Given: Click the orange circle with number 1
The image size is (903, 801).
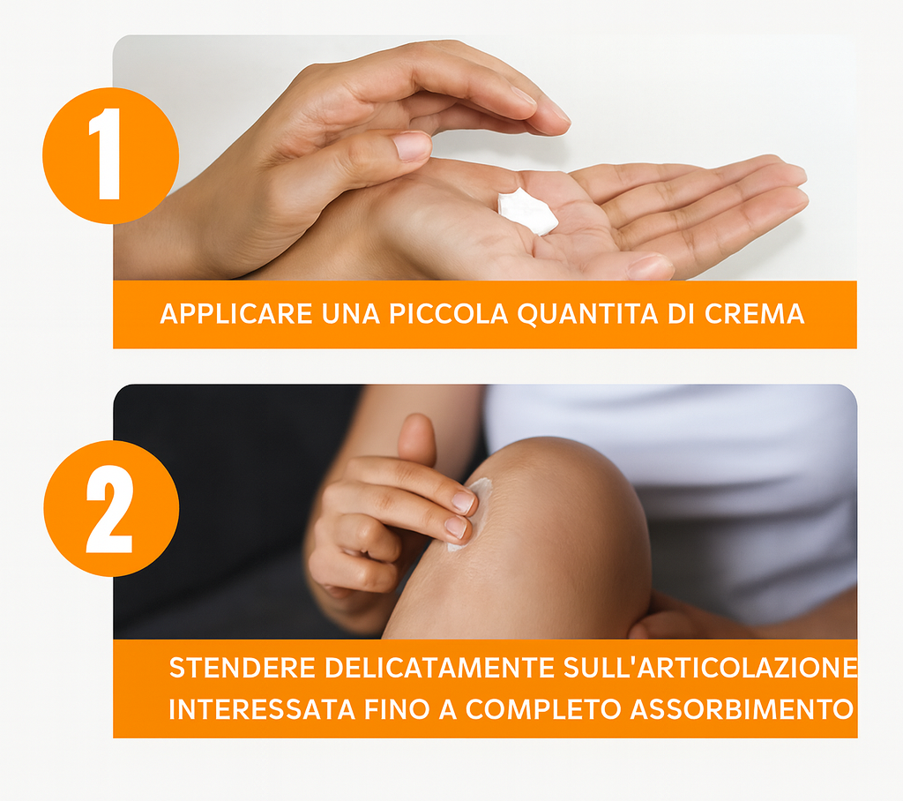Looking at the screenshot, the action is [110, 155].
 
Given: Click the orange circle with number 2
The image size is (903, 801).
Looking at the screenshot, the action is [111, 508].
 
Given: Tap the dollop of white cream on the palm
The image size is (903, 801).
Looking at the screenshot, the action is [527, 212].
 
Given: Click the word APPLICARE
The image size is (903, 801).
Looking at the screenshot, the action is [236, 314].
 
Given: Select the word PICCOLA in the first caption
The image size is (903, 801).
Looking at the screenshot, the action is [448, 314].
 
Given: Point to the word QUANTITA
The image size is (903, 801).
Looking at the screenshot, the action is [587, 314].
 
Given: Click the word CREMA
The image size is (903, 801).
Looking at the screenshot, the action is [755, 314].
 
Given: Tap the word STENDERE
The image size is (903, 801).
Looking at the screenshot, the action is [243, 668].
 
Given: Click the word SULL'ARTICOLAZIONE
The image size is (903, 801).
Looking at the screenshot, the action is [710, 668].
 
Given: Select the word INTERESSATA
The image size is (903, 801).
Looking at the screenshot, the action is [261, 709].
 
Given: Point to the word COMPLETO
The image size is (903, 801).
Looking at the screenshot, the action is [543, 709].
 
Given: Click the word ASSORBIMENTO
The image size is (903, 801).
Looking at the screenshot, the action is [742, 709].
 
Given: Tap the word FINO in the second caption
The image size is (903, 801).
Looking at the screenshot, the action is [397, 709].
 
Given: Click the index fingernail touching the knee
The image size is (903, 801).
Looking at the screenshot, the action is [463, 501].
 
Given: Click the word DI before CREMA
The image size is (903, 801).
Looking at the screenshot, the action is [682, 314].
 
